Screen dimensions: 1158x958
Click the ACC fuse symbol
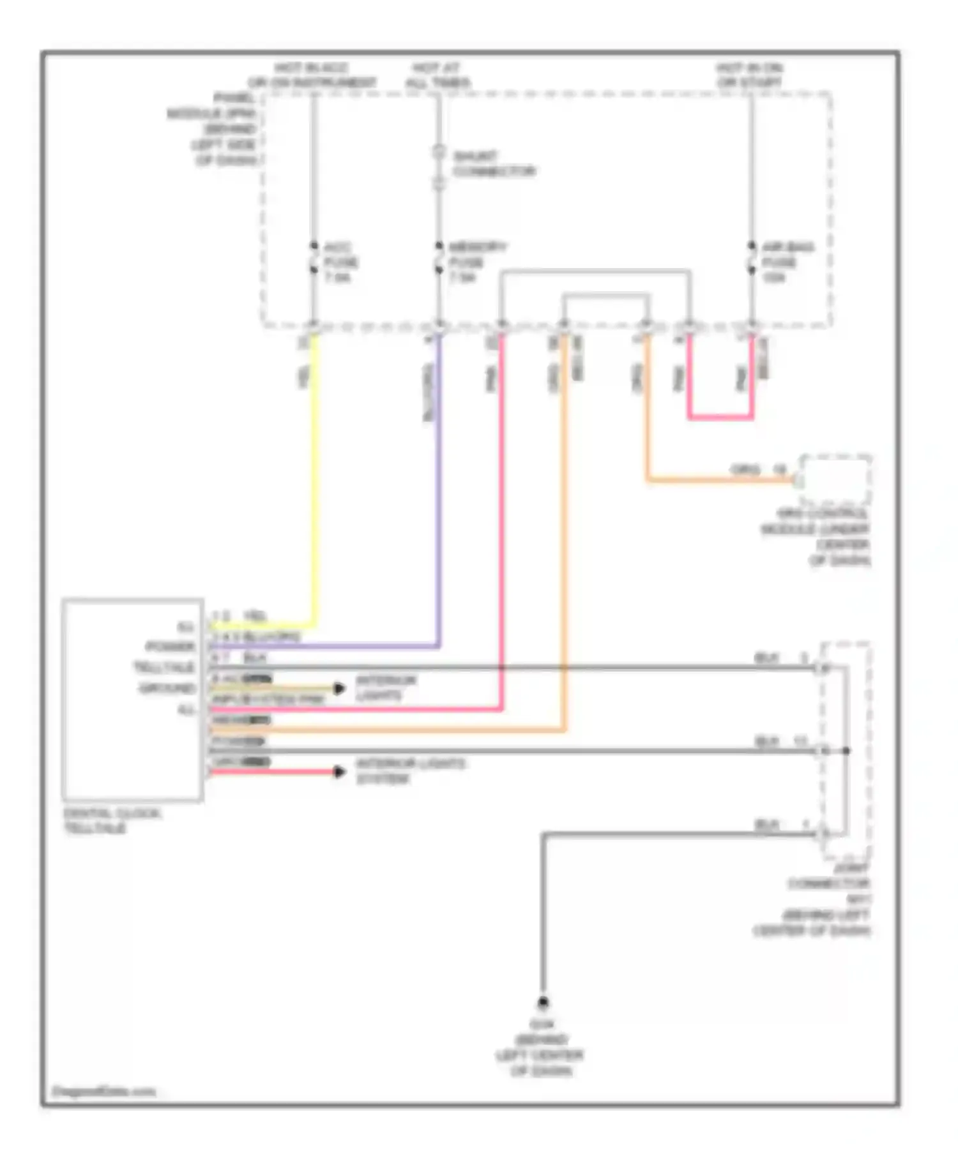pos(314,260)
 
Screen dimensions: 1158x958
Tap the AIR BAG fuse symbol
pos(751,260)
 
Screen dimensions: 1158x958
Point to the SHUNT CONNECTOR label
pos(493,164)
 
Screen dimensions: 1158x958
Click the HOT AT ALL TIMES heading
pos(437,75)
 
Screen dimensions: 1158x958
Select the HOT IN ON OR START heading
pos(749,75)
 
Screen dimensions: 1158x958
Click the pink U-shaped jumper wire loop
pos(720,417)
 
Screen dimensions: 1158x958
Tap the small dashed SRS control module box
pos(835,480)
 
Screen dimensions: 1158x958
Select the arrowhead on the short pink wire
pos(339,772)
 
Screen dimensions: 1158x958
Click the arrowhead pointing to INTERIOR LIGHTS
pos(339,688)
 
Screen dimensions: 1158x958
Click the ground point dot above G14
pos(542,1002)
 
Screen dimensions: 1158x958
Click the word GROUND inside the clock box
pos(167,688)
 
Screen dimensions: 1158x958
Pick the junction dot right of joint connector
pos(846,751)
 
